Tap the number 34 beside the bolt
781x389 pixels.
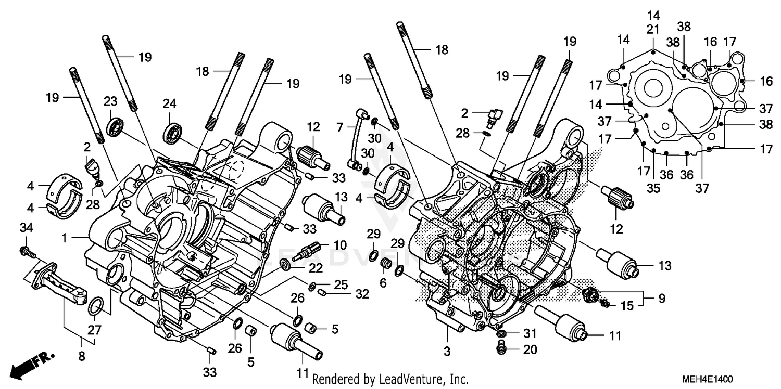[x=26, y=227]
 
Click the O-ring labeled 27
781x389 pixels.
[x=95, y=307]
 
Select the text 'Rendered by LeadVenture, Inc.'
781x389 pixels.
[x=391, y=380]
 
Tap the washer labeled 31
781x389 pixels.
[x=501, y=333]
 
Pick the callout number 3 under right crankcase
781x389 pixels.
[x=447, y=352]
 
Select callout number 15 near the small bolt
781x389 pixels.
[x=627, y=306]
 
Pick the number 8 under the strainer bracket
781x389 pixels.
[x=81, y=357]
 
